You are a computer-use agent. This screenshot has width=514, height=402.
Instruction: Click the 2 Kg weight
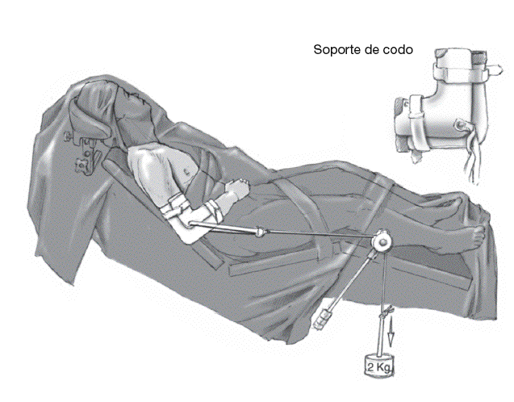pyautogui.click(x=379, y=366)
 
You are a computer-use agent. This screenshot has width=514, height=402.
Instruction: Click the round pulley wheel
pyautogui.click(x=382, y=242)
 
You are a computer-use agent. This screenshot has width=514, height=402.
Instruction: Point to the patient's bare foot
pyautogui.click(x=471, y=237)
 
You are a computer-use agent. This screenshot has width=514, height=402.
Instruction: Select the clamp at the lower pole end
pyautogui.click(x=323, y=319)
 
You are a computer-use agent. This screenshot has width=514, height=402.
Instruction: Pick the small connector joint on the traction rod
pyautogui.click(x=260, y=232)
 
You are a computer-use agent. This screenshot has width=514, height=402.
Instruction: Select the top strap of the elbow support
pyautogui.click(x=462, y=71)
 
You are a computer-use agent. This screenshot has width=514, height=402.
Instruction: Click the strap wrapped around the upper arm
pyautogui.click(x=175, y=206)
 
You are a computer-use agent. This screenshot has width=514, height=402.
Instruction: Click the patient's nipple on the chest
pyautogui.click(x=187, y=170)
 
